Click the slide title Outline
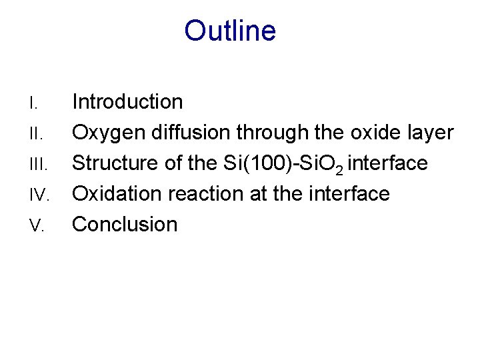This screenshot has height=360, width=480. coord(230,31)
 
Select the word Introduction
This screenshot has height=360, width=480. coord(127,102)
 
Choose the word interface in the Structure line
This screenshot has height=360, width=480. coord(387,163)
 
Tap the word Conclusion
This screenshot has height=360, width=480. coord(125,225)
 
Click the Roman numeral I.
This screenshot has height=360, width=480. coord(31,103)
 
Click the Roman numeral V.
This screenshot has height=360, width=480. coord(35,226)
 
